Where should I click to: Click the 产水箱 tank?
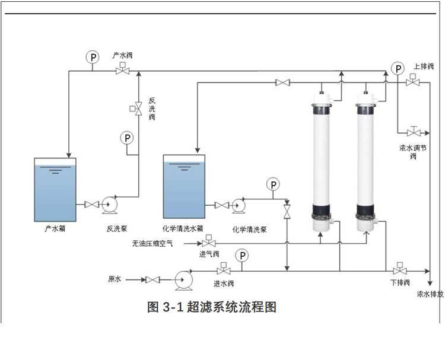tap(56, 189)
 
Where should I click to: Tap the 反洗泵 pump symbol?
tap(110, 205)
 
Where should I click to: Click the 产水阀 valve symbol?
tap(122, 71)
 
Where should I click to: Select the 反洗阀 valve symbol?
tap(138, 109)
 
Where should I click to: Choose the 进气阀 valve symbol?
tap(209, 243)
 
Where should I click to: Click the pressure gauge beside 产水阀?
tap(93, 57)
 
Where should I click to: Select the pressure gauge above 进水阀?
tap(242, 256)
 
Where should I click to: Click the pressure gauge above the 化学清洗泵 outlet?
tap(273, 184)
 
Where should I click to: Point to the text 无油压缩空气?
tap(152, 243)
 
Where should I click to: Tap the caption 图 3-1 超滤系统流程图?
tap(212, 307)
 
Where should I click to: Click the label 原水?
tap(115, 279)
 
